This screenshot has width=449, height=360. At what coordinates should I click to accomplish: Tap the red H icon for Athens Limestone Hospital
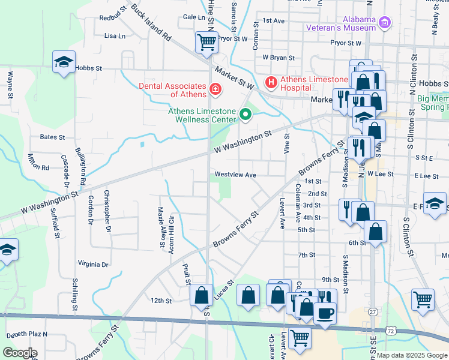[271, 81]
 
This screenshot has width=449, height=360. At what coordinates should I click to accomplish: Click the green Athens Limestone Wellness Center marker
[245, 113]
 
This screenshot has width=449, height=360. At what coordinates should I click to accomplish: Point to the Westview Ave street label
[235, 175]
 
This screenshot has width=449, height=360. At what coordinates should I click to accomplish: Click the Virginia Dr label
[93, 264]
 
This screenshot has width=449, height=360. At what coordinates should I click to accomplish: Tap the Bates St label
[52, 137]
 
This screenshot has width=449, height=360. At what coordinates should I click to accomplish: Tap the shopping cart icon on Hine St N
[206, 43]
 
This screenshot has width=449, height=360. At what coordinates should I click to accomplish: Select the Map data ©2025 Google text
[411, 355]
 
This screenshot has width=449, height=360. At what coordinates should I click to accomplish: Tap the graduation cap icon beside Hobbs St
[63, 62]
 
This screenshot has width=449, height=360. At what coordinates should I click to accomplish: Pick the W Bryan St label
[279, 58]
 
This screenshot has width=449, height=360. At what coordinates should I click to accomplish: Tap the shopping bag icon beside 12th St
[201, 295]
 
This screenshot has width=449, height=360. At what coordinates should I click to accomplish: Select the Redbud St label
[114, 13]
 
